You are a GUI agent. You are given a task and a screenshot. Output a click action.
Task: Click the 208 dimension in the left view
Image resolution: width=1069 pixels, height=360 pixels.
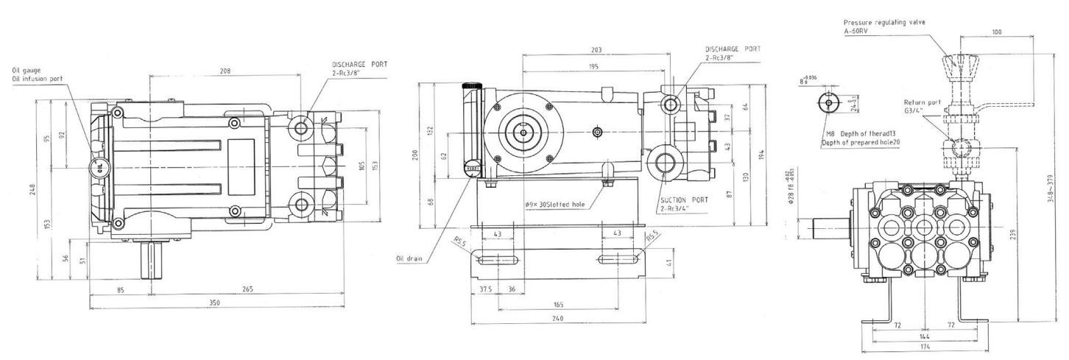(x=225, y=71)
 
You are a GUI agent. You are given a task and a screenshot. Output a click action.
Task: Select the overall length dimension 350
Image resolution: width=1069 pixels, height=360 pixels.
(x=214, y=303)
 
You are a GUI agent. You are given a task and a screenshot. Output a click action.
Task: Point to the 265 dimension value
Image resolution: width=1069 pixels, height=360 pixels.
(x=247, y=289)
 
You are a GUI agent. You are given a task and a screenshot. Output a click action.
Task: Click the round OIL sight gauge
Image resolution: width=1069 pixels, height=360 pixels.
(x=97, y=167)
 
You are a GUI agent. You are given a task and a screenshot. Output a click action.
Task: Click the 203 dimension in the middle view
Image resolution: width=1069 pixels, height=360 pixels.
(x=596, y=50)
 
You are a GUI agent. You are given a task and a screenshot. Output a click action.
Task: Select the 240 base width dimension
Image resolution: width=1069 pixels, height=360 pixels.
(x=557, y=319)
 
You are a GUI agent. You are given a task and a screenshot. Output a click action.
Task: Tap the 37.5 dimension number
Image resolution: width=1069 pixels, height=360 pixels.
(x=485, y=289)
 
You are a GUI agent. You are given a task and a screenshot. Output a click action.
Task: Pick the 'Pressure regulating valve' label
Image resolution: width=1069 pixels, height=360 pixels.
(x=895, y=22)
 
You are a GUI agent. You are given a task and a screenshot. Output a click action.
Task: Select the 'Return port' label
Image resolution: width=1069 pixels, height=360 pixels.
(x=919, y=103)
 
